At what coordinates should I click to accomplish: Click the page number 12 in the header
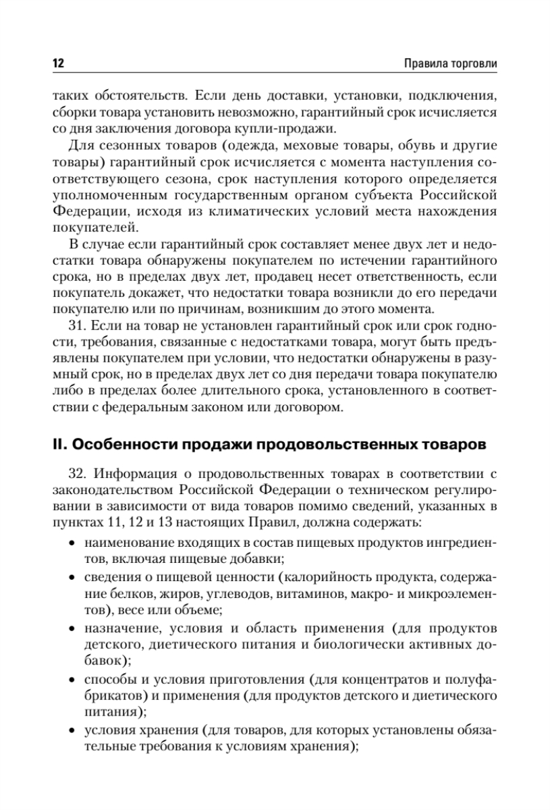tap(57, 63)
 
